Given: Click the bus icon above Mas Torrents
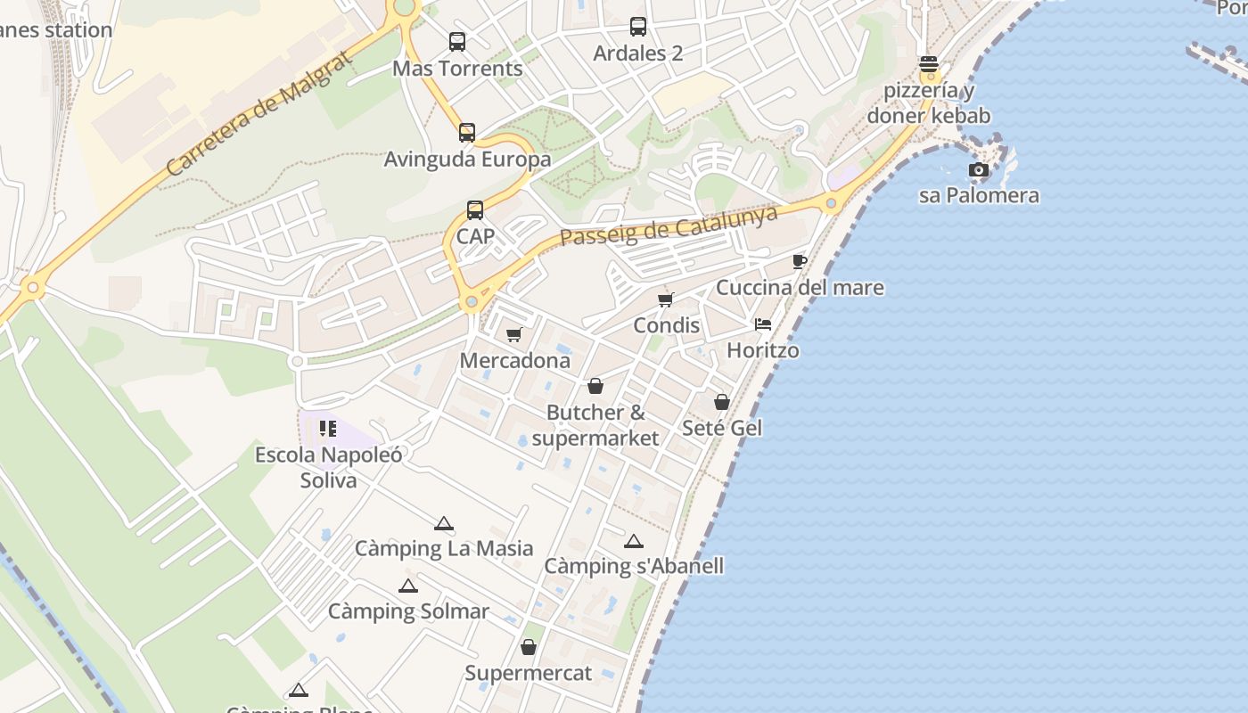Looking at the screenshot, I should (x=457, y=41).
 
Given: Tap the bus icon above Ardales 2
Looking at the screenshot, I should (x=638, y=27).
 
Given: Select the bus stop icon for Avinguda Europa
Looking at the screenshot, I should (x=467, y=133).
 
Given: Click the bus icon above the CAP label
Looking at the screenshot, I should (x=475, y=210).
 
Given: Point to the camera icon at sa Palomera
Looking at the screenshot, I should (x=979, y=169).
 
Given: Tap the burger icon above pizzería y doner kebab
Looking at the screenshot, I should (x=929, y=64).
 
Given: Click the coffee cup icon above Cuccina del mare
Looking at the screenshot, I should (x=800, y=261).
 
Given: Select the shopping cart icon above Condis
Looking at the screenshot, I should (x=666, y=299).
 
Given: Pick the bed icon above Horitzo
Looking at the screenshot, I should (x=763, y=324).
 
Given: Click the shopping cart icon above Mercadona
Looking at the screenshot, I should (x=514, y=335).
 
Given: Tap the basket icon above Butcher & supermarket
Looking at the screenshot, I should (x=595, y=386).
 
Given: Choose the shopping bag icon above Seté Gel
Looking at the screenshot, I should (x=722, y=402).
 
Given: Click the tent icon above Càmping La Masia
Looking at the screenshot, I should (x=444, y=523).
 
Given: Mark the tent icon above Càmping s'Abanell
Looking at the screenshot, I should (x=633, y=541).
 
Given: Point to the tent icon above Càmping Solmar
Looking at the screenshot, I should (x=408, y=586).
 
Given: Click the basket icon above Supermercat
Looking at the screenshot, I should (x=529, y=647).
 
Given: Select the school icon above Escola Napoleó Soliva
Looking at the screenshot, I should (x=328, y=429).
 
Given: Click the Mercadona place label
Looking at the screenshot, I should (x=515, y=361).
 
